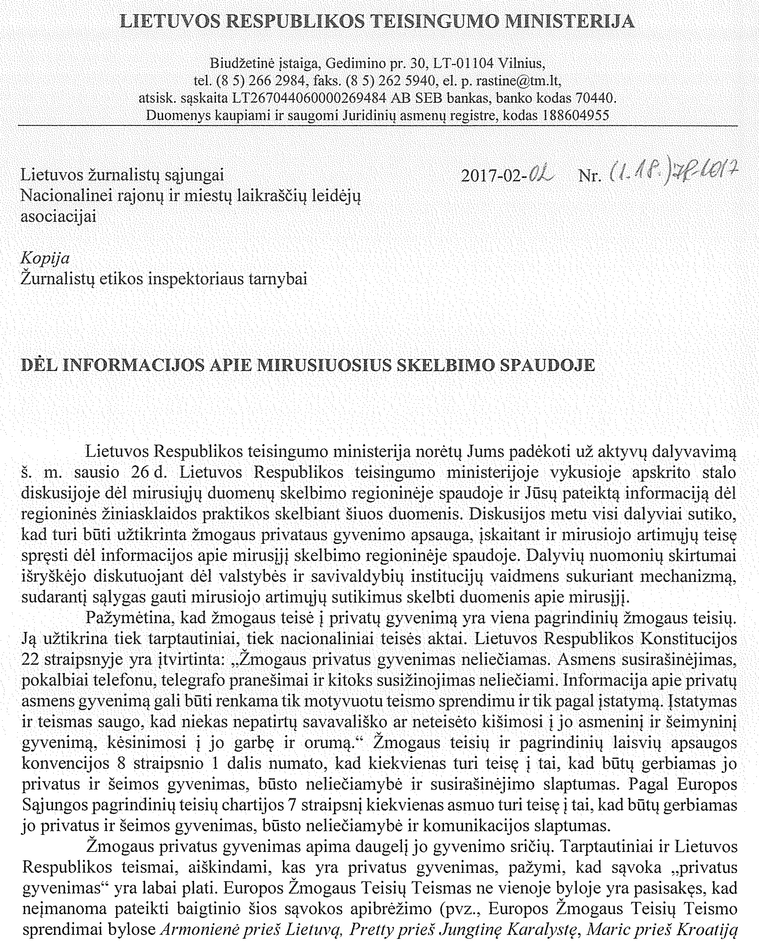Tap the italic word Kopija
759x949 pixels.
pos(45,258)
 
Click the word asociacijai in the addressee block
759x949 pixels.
pos(59,217)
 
